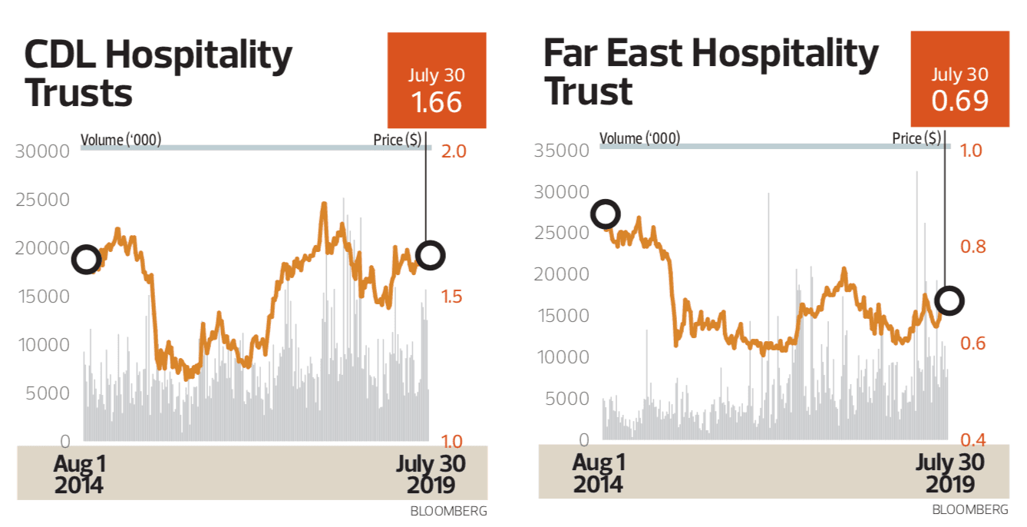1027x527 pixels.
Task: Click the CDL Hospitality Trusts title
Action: coord(157,74)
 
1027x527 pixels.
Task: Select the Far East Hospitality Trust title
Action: coord(710,72)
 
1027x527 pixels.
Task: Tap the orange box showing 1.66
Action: coord(436,81)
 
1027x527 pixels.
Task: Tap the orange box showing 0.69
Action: coord(959,80)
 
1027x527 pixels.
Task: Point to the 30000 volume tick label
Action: coord(42,151)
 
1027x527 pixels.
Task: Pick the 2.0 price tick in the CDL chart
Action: coord(454,151)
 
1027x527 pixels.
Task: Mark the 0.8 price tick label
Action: coord(973,247)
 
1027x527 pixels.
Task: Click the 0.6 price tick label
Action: coord(973,343)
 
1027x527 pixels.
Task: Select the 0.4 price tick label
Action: coord(973,441)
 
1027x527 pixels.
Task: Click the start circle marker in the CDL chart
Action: coord(86,260)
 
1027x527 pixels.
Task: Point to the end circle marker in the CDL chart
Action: coord(430,254)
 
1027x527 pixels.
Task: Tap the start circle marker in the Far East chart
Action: coord(606,214)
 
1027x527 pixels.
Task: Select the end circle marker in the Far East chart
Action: coord(949,300)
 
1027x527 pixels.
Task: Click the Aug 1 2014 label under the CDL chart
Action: coord(79,475)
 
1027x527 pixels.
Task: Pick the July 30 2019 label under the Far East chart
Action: coord(950,474)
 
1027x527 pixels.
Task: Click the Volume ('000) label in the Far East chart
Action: coord(639,138)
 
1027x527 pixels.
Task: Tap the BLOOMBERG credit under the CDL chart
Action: coord(448,511)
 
